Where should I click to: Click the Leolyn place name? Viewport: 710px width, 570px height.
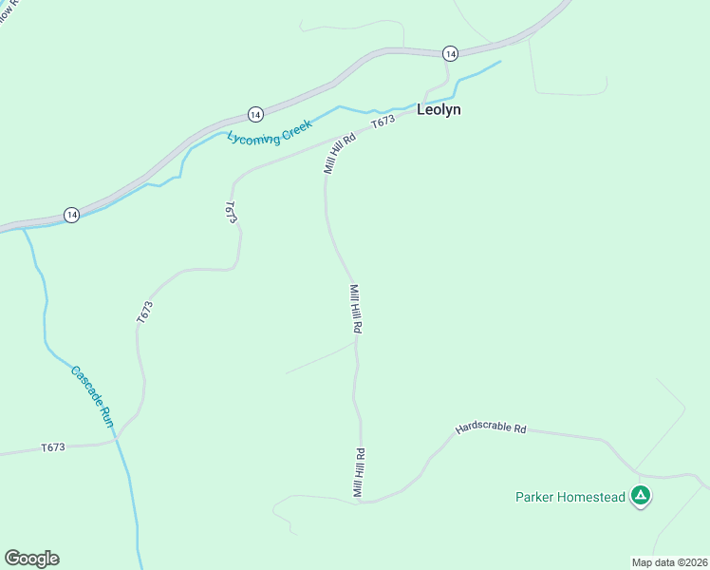[439, 109]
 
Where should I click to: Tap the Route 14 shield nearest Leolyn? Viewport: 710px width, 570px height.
[450, 52]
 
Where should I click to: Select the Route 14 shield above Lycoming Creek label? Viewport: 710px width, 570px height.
[254, 114]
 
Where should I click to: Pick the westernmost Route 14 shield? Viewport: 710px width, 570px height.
[71, 216]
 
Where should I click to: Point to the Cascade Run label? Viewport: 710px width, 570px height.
[92, 395]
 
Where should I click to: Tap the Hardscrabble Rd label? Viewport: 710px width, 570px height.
[490, 428]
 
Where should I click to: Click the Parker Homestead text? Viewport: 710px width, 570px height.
[570, 497]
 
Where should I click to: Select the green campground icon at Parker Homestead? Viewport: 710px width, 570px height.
[642, 494]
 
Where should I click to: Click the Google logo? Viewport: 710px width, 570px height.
[31, 559]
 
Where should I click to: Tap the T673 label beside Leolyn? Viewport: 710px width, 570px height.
[383, 123]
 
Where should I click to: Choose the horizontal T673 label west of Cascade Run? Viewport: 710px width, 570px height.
[53, 447]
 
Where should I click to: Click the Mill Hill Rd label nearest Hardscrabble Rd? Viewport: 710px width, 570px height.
[359, 472]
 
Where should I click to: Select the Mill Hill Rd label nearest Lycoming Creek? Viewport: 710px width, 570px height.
[338, 152]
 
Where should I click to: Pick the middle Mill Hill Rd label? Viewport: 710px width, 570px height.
[356, 308]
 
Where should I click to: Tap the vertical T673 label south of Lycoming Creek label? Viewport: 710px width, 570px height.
[231, 212]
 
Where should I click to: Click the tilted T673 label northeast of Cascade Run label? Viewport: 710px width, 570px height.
[144, 313]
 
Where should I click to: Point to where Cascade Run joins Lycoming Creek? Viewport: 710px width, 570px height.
[23, 228]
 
